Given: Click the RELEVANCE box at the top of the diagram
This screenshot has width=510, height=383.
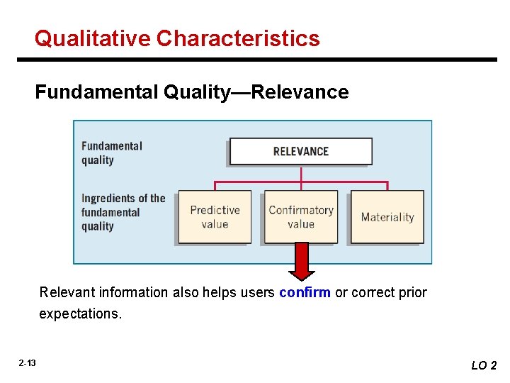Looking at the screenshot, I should point(300,151).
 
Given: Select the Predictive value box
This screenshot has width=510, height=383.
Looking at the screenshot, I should point(215,217).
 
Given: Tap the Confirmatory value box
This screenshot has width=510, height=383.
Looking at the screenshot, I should point(301,217).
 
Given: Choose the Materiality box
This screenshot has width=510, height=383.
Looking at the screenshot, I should point(387,217).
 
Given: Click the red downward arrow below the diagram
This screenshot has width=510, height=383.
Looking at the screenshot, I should point(302,261).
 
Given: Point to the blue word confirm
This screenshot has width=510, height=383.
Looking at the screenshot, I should point(305,292).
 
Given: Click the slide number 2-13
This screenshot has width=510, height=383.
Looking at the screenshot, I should point(28,363).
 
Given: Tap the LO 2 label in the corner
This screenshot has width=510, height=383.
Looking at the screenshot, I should point(484,365).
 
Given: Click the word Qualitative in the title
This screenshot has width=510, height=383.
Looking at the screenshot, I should point(93,38).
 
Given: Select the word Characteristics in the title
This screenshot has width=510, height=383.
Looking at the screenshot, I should point(238,38).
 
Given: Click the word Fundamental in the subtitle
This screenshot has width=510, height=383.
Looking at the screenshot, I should point(96,92).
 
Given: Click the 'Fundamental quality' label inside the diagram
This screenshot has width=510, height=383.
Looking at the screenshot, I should point(112,152).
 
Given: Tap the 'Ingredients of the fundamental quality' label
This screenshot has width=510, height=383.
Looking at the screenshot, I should point(123,212).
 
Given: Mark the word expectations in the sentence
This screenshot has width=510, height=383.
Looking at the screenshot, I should point(80,313).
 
